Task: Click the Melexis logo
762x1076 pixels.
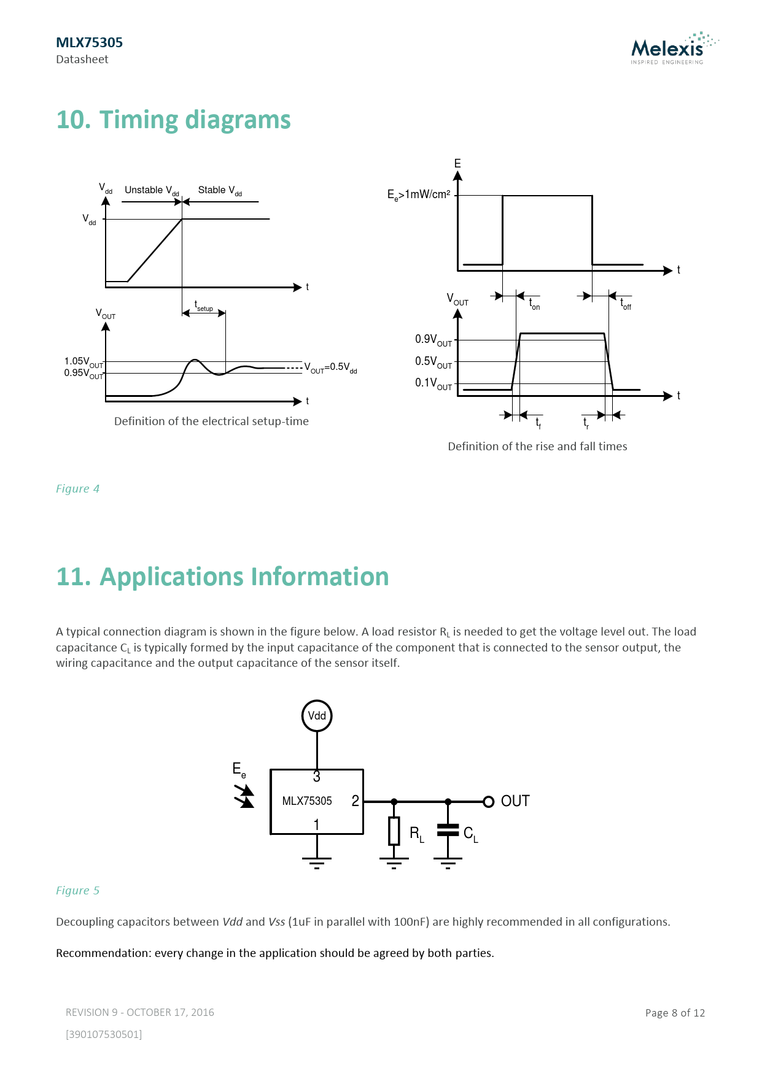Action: tap(674, 48)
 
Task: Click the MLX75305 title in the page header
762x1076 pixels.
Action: tap(89, 42)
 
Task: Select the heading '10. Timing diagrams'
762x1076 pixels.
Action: tap(173, 120)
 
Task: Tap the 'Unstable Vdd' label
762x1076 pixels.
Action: tap(152, 191)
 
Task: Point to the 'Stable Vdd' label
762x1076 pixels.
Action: tap(220, 191)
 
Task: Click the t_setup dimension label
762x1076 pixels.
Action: tap(204, 306)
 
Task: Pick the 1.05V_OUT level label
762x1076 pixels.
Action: tap(84, 362)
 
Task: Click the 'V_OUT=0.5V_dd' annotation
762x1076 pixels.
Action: tap(331, 367)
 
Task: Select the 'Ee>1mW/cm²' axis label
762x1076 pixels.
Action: tap(419, 195)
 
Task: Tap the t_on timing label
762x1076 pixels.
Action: tap(534, 304)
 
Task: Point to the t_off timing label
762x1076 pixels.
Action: tap(625, 304)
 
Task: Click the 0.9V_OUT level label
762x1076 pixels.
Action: tap(433, 340)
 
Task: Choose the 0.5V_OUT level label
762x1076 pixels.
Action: tap(433, 362)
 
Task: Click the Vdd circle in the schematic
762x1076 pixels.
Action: tap(317, 716)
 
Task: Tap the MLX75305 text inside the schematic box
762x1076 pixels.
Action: tap(307, 801)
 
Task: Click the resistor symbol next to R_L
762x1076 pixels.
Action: tap(394, 831)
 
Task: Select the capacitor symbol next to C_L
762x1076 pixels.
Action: tap(448, 830)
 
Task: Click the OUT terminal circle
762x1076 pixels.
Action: tap(489, 802)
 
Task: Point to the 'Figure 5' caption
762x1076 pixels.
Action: tap(77, 891)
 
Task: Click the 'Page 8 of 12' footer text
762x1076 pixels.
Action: tap(675, 1013)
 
